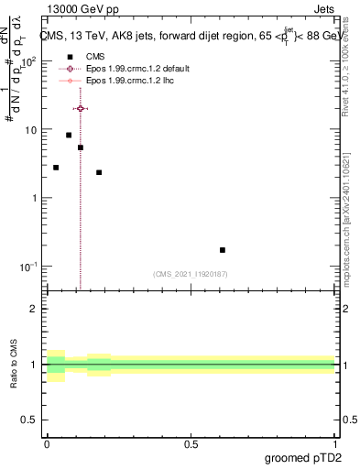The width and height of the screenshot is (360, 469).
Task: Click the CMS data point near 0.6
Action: [x=223, y=250]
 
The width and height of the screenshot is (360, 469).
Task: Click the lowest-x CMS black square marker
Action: [x=56, y=168]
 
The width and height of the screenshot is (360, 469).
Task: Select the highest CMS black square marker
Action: [x=69, y=135]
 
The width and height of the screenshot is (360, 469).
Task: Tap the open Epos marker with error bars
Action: [x=81, y=108]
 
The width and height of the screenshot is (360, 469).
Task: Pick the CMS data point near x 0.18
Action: [x=99, y=172]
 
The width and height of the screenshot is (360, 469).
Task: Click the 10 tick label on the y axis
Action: [x=31, y=130]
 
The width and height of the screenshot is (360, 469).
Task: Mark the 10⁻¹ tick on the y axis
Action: [x=28, y=267]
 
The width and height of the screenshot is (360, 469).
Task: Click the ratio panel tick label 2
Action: [x=35, y=309]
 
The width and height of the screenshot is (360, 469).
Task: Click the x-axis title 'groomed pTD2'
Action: [x=304, y=457]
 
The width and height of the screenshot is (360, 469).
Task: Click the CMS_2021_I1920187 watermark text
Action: [x=191, y=274]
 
